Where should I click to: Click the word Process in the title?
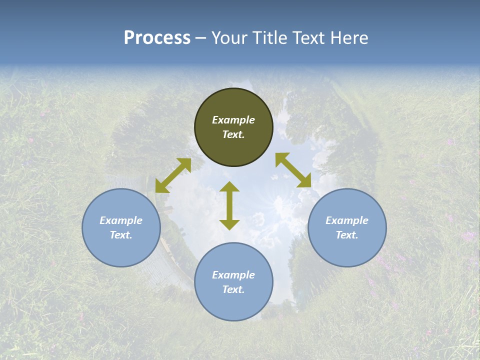tap(157, 38)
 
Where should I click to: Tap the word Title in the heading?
tap(270, 38)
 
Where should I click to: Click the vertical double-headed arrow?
tap(229, 205)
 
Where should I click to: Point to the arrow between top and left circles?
tap(173, 175)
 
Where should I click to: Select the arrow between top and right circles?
tap(293, 170)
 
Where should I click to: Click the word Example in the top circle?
tap(233, 120)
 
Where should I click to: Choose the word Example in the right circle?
tap(347, 220)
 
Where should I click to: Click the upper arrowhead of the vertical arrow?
tap(229, 187)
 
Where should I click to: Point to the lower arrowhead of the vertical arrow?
tap(229, 224)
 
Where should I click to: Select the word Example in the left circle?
tap(121, 220)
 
